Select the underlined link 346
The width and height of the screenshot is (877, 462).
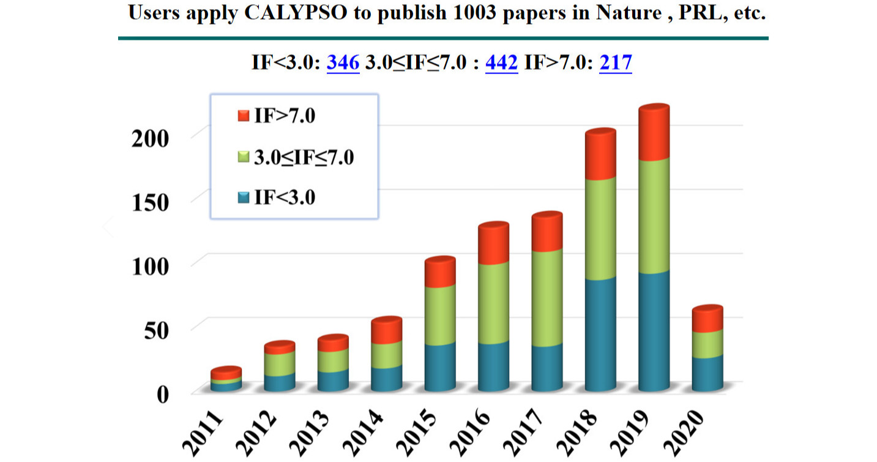[x=343, y=62]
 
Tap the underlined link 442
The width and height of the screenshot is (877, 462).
[x=501, y=62]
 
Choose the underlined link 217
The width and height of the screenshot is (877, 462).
[x=615, y=62]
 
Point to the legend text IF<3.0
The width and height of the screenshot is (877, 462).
[x=285, y=197]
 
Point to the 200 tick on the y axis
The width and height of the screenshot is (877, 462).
[x=150, y=138]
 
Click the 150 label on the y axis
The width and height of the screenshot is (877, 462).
[x=150, y=203]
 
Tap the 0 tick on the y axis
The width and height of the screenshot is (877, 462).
[x=162, y=393]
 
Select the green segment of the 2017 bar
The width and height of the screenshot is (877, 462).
[x=547, y=298]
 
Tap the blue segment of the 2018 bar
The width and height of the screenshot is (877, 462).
[x=600, y=335]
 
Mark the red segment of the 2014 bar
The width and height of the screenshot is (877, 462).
[x=386, y=331]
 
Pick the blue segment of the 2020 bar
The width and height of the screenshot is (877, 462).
[x=707, y=373]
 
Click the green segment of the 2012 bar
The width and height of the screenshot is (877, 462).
[x=279, y=363]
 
